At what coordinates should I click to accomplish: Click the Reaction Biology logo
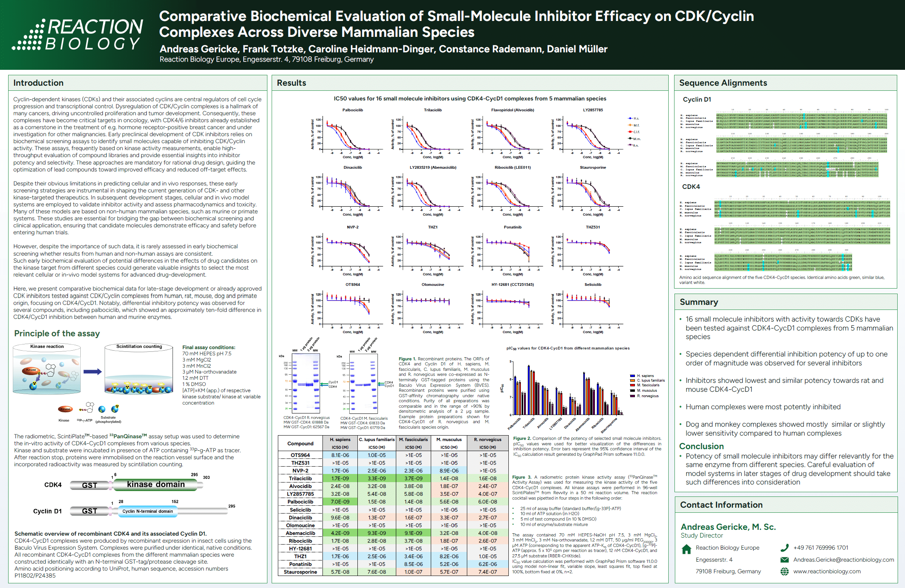(x=78, y=35)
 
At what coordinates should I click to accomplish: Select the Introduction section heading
(x=38, y=83)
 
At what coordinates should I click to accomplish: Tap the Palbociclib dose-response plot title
(x=352, y=110)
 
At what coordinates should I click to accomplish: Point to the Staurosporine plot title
(x=593, y=168)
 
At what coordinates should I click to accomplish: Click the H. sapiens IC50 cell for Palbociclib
(x=340, y=502)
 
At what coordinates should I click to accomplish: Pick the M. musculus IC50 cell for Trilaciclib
(x=449, y=479)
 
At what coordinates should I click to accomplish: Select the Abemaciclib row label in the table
(x=300, y=533)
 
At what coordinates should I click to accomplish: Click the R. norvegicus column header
(x=487, y=439)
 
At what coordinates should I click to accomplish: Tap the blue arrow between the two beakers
(x=92, y=372)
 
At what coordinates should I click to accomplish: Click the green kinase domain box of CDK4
(x=156, y=485)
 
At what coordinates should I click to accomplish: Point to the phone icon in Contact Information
(x=784, y=548)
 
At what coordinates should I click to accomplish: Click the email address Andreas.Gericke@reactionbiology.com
(x=843, y=560)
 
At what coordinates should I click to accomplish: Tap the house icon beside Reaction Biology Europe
(x=687, y=549)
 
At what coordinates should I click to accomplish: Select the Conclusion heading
(x=701, y=446)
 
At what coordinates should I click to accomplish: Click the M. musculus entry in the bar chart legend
(x=647, y=391)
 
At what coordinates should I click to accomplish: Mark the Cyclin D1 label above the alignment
(x=697, y=100)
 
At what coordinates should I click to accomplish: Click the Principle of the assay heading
(x=57, y=334)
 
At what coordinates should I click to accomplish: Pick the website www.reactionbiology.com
(x=827, y=571)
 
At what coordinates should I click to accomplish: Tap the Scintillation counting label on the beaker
(x=139, y=347)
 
